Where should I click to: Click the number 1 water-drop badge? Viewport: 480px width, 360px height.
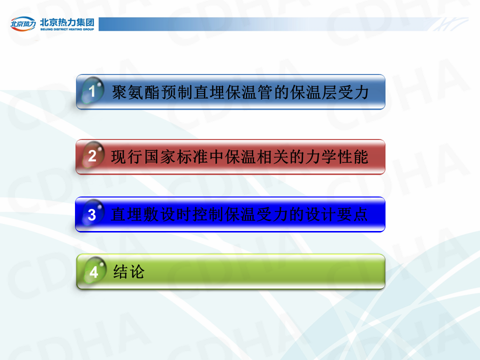92,90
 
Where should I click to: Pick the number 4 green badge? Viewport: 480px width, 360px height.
94,270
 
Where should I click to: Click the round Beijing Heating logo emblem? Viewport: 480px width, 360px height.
23,23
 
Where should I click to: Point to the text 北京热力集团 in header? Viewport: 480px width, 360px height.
67,22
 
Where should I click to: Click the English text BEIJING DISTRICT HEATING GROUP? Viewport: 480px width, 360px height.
67,29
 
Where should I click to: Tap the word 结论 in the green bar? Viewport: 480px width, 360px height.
128,271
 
